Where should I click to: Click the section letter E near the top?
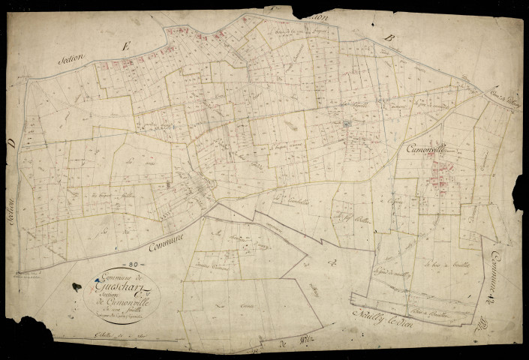(x=127, y=49)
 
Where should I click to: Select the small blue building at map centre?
(x=347, y=124)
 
